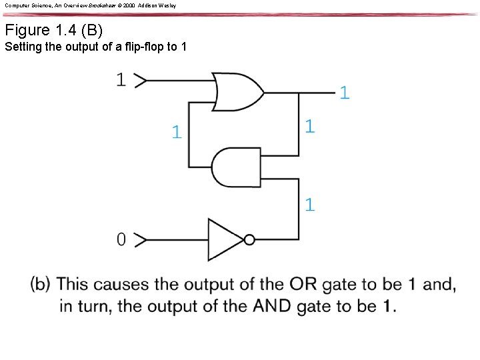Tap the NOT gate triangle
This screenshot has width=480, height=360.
[x=225, y=239]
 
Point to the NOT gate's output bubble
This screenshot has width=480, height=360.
[x=249, y=239]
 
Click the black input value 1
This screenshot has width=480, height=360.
[x=121, y=80]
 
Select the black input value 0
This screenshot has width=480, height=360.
[x=121, y=239]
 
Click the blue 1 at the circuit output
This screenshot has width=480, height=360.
[x=344, y=93]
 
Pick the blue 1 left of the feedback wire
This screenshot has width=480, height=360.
[x=176, y=132]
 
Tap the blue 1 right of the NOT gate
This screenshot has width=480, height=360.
[x=310, y=205]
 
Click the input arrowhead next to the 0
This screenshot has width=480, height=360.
[x=141, y=239]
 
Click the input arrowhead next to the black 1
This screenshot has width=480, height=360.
[x=141, y=81]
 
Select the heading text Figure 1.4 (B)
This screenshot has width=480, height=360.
[x=53, y=30]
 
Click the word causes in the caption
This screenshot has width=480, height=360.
[x=121, y=284]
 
